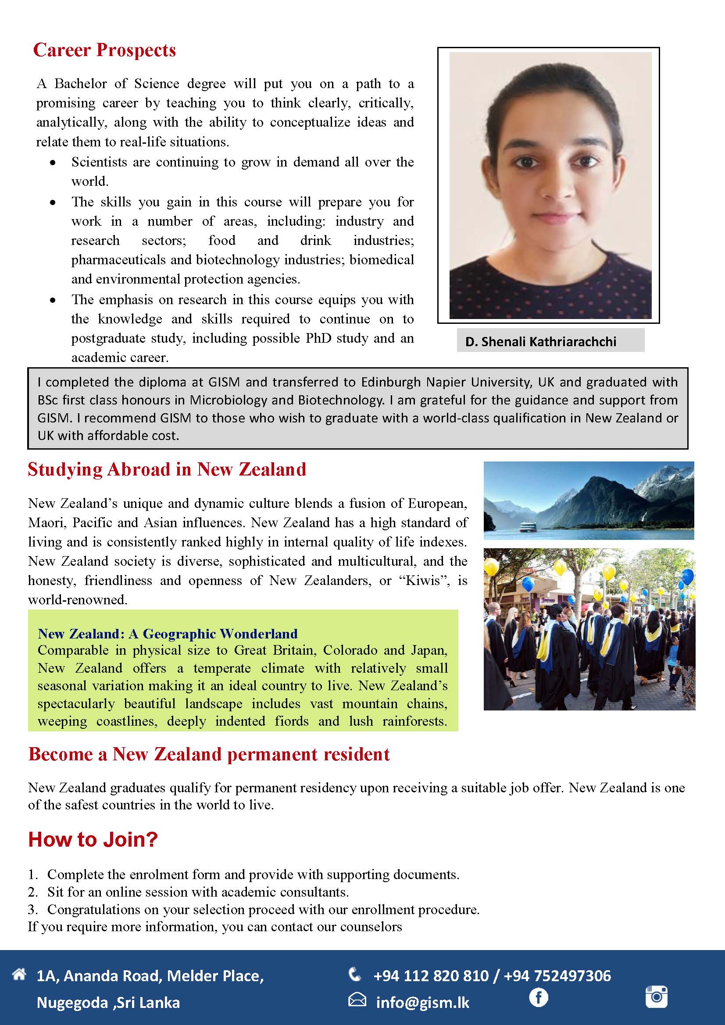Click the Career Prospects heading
104,50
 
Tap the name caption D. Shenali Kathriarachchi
540,341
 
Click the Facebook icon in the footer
538,997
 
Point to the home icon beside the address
19,975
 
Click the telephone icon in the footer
355,975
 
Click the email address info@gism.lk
422,1003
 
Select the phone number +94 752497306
557,976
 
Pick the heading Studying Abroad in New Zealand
167,470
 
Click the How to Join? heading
93,839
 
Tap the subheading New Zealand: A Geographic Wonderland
168,634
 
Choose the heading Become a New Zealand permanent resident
209,754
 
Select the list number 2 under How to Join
32,892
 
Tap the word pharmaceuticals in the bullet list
118,260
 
